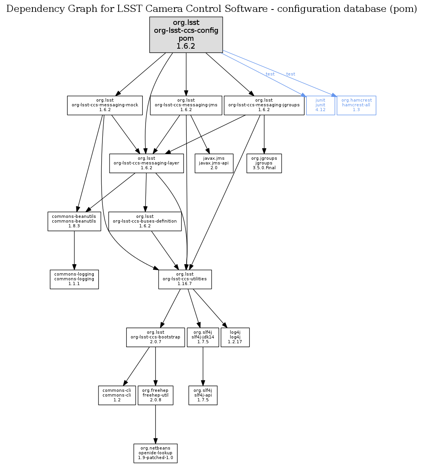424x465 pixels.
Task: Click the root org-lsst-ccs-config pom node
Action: click(186, 35)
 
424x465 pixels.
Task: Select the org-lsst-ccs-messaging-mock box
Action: click(105, 105)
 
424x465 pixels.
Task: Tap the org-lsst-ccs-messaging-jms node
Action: click(186, 105)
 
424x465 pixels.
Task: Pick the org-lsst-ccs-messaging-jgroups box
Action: click(264, 105)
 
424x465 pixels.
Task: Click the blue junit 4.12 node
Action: click(320, 105)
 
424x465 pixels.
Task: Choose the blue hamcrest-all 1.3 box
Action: click(356, 105)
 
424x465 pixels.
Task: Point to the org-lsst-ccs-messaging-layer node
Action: click(146, 163)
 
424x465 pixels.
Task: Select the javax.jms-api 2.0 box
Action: click(214, 163)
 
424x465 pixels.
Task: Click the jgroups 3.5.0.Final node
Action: click(264, 163)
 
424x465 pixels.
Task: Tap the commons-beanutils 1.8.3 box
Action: click(74, 221)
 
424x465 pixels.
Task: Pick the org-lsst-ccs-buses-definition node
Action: click(145, 221)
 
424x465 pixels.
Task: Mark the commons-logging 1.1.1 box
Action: click(74, 279)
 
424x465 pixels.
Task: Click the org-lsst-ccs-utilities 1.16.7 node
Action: click(185, 279)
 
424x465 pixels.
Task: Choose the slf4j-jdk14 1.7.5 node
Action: click(203, 337)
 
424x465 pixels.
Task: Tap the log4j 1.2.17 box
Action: click(235, 337)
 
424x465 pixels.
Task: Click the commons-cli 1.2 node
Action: click(117, 395)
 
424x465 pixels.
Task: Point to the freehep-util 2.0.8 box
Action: click(155, 395)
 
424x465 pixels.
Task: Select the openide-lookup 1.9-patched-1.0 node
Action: click(155, 453)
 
